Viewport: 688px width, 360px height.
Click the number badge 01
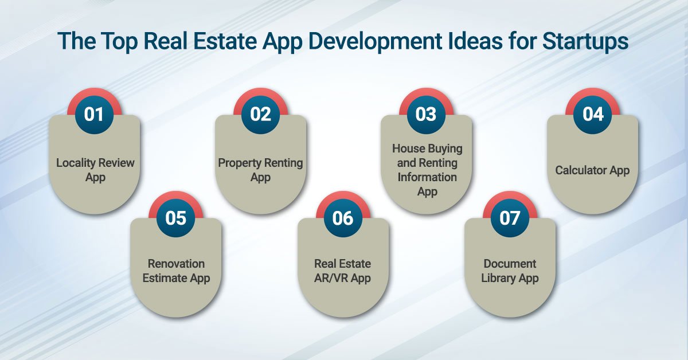point(94,114)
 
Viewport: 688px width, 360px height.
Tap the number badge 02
point(260,114)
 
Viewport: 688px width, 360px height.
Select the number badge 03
point(426,114)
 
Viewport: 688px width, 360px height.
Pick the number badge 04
point(593,114)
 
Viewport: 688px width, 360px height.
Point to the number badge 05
point(176,218)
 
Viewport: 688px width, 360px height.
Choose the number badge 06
point(343,218)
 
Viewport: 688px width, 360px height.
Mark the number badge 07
point(510,218)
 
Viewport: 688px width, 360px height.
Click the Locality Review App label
point(95,170)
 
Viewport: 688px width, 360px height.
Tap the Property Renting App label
point(260,170)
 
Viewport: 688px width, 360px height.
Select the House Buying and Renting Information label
point(427,170)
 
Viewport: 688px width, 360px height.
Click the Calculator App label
point(592,170)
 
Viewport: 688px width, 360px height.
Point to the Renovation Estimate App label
point(176,271)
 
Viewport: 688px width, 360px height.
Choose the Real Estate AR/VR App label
point(343,271)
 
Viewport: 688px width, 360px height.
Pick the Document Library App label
point(510,271)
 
